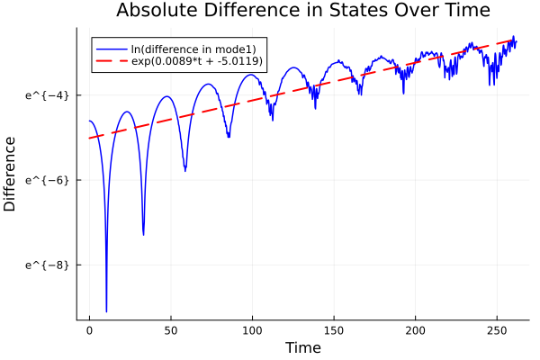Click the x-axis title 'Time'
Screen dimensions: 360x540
pyautogui.click(x=302, y=347)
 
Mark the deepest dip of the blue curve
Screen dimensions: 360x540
pyautogui.click(x=106, y=310)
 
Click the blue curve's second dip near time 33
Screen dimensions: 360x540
pyautogui.click(x=143, y=234)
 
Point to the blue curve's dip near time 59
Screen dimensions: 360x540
pyautogui.click(x=185, y=170)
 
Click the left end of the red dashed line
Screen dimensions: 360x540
pyautogui.click(x=89, y=138)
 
